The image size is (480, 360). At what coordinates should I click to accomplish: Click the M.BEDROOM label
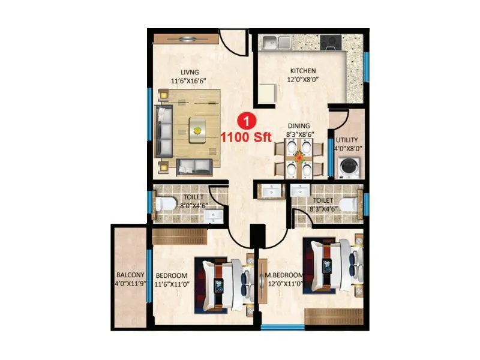coord(284,275)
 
